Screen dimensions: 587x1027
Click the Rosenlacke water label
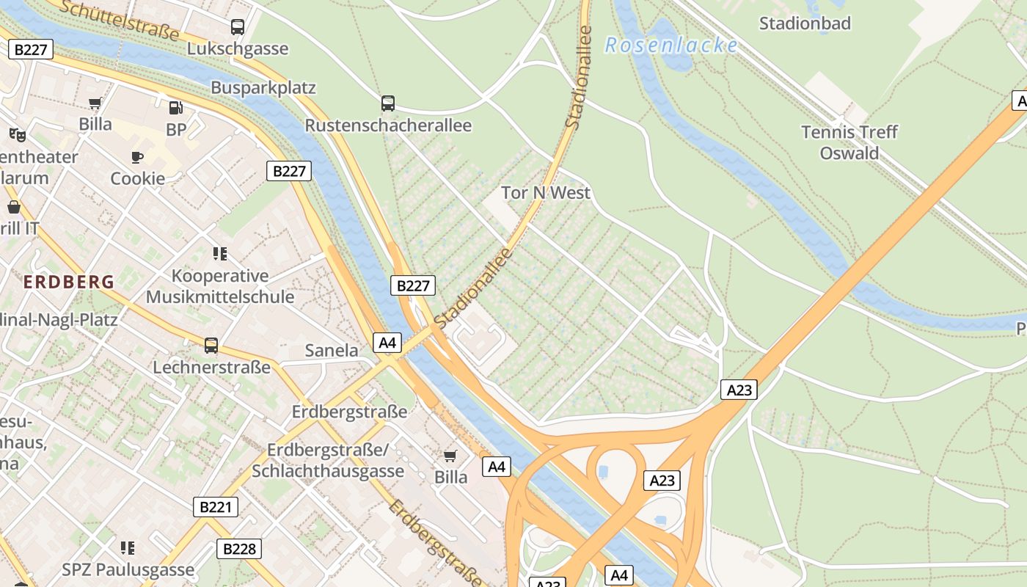(671, 45)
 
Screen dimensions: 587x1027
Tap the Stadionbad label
(805, 23)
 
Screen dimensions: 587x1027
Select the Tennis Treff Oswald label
(849, 142)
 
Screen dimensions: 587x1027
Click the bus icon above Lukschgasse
(238, 27)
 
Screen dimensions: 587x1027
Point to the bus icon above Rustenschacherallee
(388, 103)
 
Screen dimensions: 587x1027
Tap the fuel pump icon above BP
(175, 108)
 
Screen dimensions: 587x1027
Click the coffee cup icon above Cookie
(137, 157)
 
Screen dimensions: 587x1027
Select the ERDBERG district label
(69, 282)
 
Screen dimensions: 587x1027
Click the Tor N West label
(546, 193)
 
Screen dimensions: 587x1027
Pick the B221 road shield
(216, 506)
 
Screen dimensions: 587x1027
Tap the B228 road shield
(239, 548)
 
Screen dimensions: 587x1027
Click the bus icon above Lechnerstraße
(211, 345)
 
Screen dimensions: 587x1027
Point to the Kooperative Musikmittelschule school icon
(220, 254)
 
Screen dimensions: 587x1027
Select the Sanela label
(332, 351)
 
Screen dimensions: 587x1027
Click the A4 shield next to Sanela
(388, 342)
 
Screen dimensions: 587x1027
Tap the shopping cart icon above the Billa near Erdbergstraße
(450, 456)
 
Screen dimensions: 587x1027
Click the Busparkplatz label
(263, 88)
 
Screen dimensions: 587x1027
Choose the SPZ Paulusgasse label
(128, 569)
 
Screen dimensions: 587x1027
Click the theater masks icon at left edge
(18, 134)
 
